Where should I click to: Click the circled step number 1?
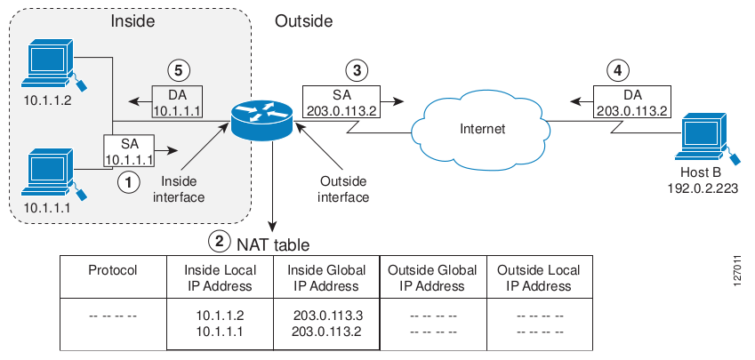[x=130, y=180]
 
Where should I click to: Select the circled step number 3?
[x=356, y=68]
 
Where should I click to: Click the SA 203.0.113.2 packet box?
[x=341, y=100]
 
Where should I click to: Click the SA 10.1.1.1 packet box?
[x=130, y=149]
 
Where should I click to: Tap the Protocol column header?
[x=113, y=270]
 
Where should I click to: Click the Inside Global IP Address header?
[x=326, y=278]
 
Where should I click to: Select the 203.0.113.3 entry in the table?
[x=326, y=316]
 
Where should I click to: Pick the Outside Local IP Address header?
[x=538, y=278]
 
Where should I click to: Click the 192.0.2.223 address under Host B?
[x=703, y=189]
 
